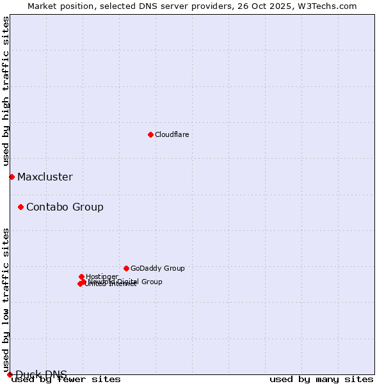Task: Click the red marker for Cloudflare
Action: (150, 134)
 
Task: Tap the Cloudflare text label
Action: (172, 134)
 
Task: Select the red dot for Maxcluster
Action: (12, 177)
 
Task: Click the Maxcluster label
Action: (45, 177)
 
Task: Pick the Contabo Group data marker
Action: (20, 207)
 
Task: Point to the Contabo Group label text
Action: (65, 207)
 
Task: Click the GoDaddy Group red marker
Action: (126, 268)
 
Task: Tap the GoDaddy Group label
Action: (157, 269)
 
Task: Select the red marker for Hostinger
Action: (81, 276)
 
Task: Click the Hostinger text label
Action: (102, 276)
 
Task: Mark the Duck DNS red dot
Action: (10, 374)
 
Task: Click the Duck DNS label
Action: (41, 374)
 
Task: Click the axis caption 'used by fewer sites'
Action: (66, 380)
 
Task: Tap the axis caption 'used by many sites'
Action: (321, 380)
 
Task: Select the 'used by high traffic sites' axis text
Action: (6, 92)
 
